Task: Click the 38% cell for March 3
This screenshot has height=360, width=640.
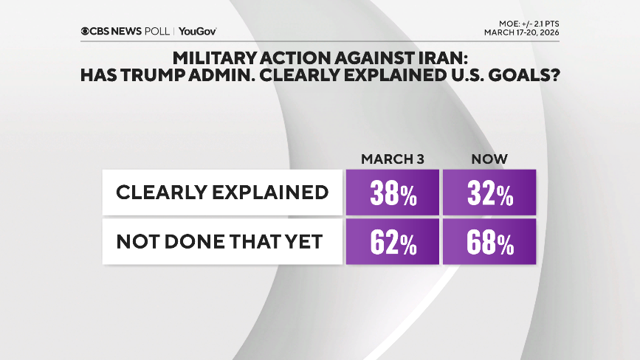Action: click(x=392, y=193)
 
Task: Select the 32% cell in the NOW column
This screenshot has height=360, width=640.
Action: click(x=489, y=193)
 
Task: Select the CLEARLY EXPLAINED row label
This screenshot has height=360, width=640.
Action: click(x=222, y=193)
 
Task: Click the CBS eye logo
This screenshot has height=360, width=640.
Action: click(x=86, y=31)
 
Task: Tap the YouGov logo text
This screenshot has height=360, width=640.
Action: click(x=197, y=31)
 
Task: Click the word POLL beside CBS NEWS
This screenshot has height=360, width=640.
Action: click(x=158, y=31)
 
